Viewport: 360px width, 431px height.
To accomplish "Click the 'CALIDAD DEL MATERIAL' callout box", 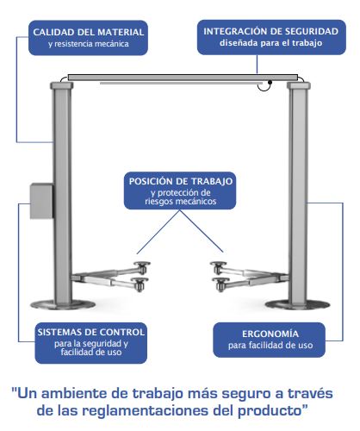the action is [x=88, y=38].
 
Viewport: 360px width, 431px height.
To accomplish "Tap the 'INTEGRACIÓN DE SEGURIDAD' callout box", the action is [x=271, y=37].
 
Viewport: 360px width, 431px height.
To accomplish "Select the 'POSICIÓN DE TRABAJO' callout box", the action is [x=180, y=191].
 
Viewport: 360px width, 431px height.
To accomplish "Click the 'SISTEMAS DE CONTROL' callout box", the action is [x=91, y=343].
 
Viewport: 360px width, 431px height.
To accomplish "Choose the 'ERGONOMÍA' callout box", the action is [x=270, y=340].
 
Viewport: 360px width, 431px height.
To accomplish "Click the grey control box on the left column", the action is [x=41, y=201].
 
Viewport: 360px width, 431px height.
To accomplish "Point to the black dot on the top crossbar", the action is [x=270, y=83].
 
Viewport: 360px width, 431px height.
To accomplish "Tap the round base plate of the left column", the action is [x=63, y=304].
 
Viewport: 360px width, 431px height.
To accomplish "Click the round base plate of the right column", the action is [x=297, y=304].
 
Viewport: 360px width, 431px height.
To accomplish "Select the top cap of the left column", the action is [x=62, y=85].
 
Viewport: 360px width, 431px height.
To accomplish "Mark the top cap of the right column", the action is [x=299, y=85].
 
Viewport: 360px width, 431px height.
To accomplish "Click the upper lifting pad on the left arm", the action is [x=142, y=264].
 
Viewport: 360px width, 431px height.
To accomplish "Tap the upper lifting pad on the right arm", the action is [x=218, y=264].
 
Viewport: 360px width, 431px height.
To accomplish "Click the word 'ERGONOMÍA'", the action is [x=270, y=334].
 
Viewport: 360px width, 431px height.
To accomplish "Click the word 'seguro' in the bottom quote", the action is [x=246, y=394].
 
